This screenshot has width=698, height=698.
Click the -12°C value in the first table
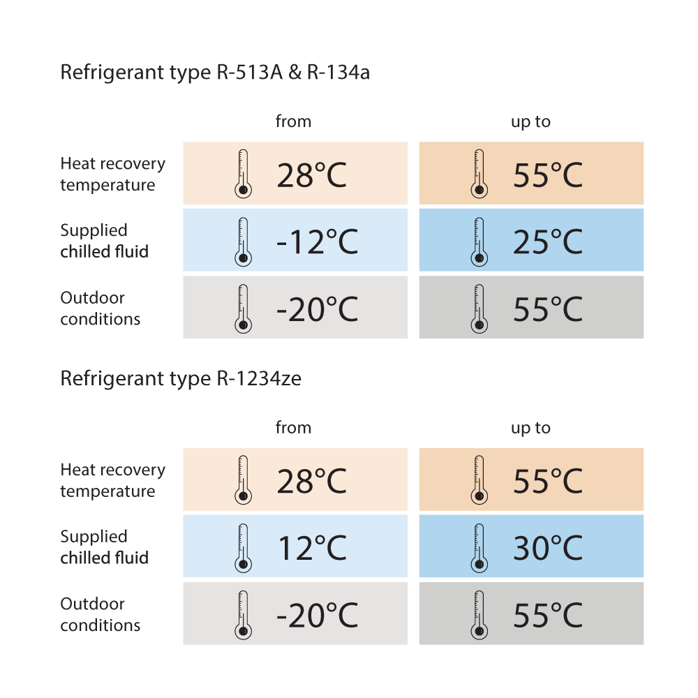tap(317, 242)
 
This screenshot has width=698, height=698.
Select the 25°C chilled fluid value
tap(547, 242)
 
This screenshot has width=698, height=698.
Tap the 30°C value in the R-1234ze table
tap(547, 548)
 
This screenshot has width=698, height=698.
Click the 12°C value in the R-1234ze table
tap(312, 548)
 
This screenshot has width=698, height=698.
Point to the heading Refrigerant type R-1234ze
tap(181, 379)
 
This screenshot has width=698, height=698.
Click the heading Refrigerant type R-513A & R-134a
tap(215, 72)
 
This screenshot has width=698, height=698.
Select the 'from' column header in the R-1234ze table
tap(293, 427)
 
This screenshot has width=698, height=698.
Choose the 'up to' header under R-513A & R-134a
tap(530, 122)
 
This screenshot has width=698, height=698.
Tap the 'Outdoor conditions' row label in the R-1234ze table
tap(100, 614)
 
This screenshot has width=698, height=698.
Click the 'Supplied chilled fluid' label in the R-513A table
tap(104, 241)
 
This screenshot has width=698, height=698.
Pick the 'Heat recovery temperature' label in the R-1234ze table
tap(112, 480)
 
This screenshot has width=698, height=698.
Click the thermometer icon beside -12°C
tap(243, 242)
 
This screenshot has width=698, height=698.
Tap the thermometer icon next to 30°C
tap(479, 548)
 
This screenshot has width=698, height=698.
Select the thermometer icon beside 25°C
tap(479, 242)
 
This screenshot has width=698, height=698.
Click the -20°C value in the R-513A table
tap(317, 309)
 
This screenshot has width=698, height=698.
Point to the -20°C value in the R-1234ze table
tap(317, 616)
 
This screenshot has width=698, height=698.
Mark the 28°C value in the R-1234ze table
tap(311, 481)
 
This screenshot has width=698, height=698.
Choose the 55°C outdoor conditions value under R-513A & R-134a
tap(547, 309)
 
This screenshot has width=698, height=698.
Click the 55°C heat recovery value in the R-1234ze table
tap(547, 481)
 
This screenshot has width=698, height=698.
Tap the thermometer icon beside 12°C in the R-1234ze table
tap(243, 548)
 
